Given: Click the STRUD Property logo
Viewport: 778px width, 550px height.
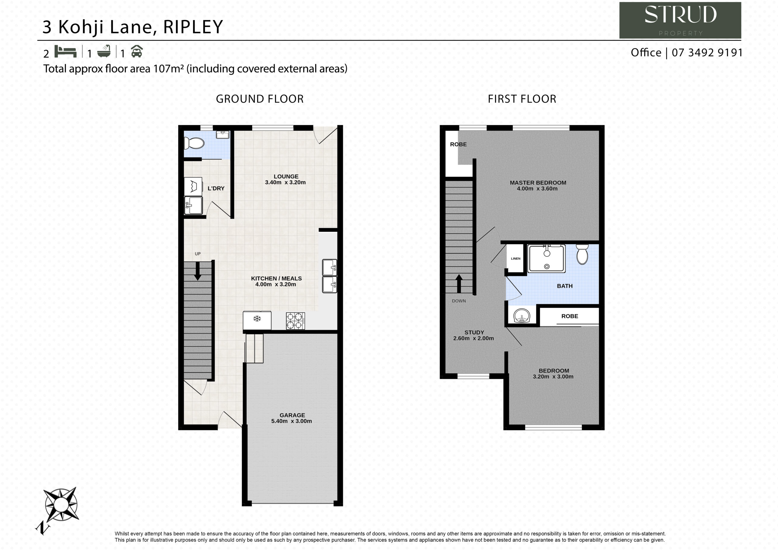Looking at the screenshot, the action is click(680, 20).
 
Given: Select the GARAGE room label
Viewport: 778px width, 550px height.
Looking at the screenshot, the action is click(292, 415).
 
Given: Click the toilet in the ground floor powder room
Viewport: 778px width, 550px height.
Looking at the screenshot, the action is click(194, 143).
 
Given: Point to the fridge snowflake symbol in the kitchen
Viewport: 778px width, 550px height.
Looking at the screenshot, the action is click(257, 318).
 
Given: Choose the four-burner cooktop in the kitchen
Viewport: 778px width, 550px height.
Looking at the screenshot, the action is click(295, 321).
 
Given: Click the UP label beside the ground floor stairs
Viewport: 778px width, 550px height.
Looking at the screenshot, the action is click(198, 254).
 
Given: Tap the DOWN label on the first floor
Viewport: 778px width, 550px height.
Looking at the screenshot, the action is click(459, 301).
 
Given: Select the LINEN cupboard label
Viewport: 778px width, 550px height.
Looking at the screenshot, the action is click(515, 259).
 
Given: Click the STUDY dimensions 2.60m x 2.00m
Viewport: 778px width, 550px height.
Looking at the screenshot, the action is click(473, 338).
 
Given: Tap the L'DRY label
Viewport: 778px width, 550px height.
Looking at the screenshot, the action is click(216, 188).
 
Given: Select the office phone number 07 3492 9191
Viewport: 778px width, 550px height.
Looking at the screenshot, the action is click(707, 53).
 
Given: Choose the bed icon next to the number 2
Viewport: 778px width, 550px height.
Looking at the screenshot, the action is click(65, 52).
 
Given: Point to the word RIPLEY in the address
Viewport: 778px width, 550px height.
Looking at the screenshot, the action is click(193, 27).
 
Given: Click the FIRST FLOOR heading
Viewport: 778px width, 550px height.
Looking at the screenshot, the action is click(522, 99).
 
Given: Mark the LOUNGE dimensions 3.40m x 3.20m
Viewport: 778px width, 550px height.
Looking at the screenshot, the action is click(285, 182).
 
